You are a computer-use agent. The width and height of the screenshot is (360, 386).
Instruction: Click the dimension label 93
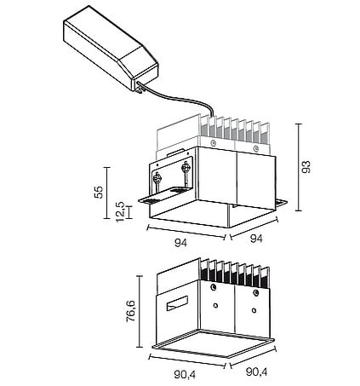[306, 167]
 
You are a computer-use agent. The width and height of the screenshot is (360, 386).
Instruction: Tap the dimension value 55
[99, 193]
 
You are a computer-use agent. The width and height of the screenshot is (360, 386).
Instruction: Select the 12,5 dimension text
[120, 212]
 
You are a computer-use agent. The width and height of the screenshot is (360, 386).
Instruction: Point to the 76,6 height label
[131, 312]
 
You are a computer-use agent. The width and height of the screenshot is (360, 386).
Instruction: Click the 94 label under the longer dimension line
[180, 243]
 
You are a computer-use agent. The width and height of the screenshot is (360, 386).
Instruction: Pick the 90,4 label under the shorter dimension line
[257, 372]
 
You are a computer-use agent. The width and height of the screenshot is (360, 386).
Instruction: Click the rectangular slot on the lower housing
[177, 303]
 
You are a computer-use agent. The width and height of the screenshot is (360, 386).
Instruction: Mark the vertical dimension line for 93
[298, 167]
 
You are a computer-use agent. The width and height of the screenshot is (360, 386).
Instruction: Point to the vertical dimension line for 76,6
[140, 311]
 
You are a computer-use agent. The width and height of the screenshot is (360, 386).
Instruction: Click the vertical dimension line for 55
[106, 193]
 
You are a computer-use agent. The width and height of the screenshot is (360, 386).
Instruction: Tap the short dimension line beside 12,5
[129, 212]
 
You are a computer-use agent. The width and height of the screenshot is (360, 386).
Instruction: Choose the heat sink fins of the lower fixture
[235, 273]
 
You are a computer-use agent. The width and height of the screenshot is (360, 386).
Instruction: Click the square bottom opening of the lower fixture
[213, 343]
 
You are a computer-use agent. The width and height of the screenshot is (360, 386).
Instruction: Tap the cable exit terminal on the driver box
[140, 87]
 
